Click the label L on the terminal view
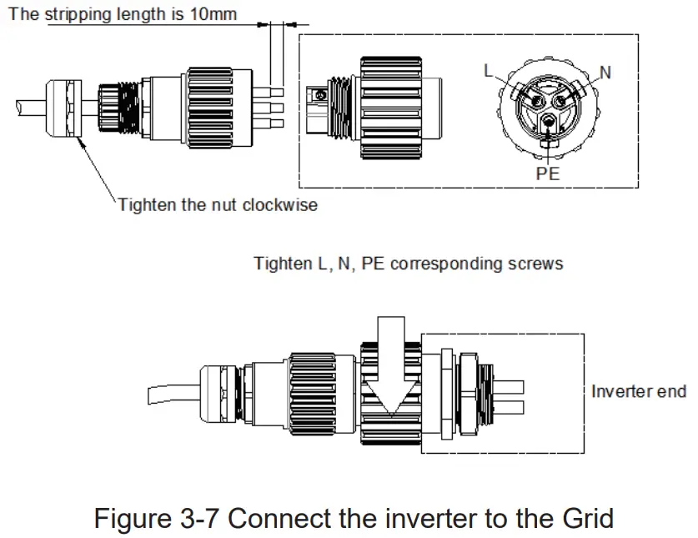pyautogui.click(x=490, y=71)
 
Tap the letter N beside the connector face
pyautogui.click(x=605, y=73)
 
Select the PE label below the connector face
pyautogui.click(x=547, y=174)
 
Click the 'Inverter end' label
pyautogui.click(x=638, y=390)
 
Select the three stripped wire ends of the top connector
pyautogui.click(x=276, y=106)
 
